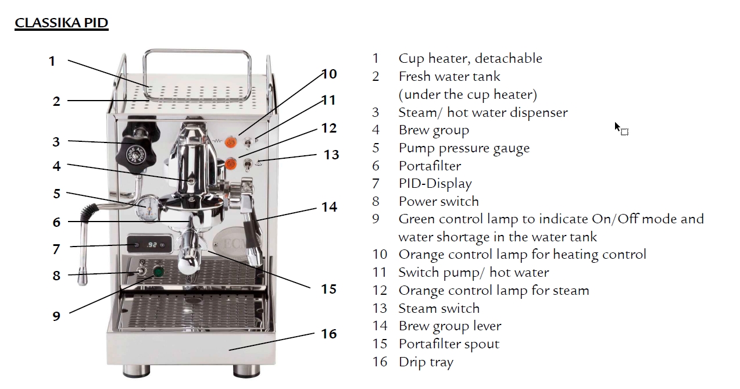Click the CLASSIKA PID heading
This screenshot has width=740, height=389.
coord(62,23)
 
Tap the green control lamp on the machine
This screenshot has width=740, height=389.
coord(159,272)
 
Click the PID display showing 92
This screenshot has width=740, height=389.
coord(149,245)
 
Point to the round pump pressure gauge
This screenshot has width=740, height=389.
coord(147,208)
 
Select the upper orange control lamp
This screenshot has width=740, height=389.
coord(231,142)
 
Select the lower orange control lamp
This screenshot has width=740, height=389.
coord(230,163)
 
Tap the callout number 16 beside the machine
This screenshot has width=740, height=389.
coord(328,334)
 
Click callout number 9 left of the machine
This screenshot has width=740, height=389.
coord(56,316)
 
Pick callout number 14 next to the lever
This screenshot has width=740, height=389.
coord(330,207)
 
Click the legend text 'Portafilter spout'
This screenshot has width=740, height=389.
coord(449,344)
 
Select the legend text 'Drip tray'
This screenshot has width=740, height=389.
coord(426,362)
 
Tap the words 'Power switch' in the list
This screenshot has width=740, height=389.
coord(439,201)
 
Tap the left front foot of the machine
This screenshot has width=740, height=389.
coord(136,370)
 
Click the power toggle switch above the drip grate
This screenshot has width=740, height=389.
coord(142,270)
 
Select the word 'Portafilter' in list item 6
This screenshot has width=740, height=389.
coord(430,166)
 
